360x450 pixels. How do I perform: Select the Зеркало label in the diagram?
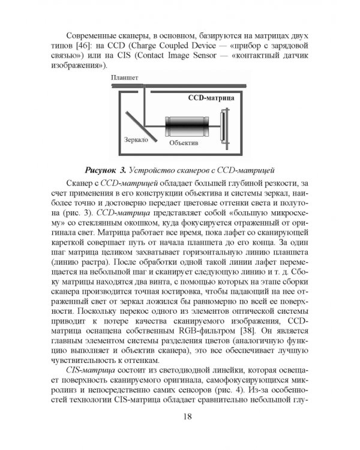click(136, 139)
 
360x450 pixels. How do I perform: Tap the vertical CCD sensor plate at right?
click(224, 125)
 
